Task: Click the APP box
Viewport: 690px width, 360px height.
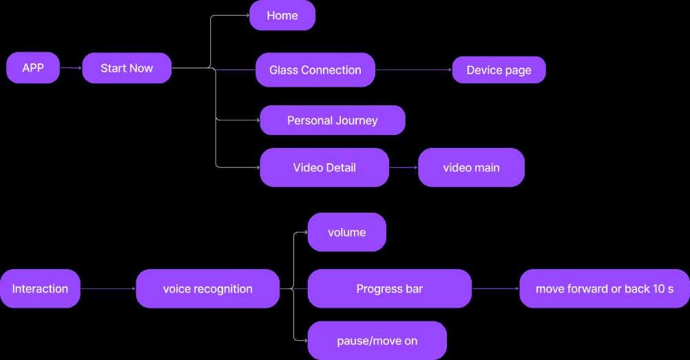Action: [x=33, y=67]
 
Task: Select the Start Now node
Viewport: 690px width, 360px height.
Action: [x=127, y=68]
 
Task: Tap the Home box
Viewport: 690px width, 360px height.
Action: [x=282, y=15]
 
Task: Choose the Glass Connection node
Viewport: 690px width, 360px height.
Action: [x=315, y=70]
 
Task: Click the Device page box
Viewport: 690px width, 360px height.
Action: [x=499, y=70]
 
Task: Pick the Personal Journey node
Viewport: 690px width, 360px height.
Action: [x=333, y=120]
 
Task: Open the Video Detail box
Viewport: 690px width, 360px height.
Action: [x=324, y=167]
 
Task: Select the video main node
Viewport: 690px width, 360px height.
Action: [x=471, y=167]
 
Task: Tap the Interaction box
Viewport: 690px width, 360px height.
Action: [x=40, y=288]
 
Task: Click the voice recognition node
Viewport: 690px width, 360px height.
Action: [x=207, y=288]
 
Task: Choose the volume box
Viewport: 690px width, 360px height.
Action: [x=347, y=232]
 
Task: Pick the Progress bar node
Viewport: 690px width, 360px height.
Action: [x=389, y=288]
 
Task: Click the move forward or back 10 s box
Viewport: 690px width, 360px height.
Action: [x=605, y=288]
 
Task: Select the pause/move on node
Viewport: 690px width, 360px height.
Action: [x=377, y=341]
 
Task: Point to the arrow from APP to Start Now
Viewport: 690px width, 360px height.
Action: [x=71, y=68]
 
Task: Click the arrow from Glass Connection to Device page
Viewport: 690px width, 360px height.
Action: [x=413, y=70]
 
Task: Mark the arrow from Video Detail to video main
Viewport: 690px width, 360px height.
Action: [x=404, y=167]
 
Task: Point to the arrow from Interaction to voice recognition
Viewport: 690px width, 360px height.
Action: [x=108, y=289]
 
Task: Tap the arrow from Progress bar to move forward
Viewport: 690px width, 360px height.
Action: [x=495, y=289]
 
